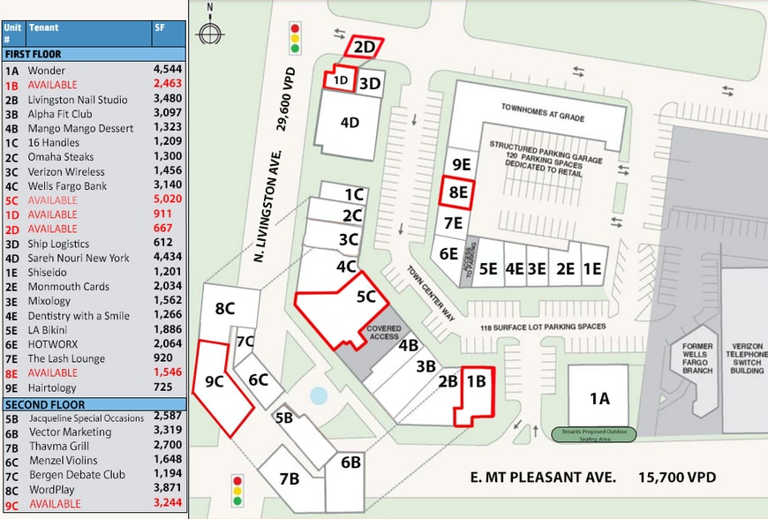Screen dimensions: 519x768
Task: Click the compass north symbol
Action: pos(209,32)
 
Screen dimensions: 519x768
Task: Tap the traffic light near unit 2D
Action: pos(296,40)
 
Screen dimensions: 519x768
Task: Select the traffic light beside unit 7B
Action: pos(237,491)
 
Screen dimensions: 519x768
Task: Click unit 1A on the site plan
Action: pos(599,398)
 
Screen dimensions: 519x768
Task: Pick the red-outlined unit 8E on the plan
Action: pos(457,192)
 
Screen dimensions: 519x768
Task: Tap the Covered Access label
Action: pos(384,332)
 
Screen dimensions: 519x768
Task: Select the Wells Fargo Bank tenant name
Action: pos(67,185)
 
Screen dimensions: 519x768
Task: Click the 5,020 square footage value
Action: pos(170,200)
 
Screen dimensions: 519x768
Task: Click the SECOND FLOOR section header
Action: pos(40,402)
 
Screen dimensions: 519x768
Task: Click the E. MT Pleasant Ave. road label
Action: pos(542,478)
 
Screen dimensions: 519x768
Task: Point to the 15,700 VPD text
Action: pos(677,478)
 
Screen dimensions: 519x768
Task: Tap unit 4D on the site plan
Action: pos(350,123)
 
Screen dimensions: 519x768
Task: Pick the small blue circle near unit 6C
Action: pos(319,395)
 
